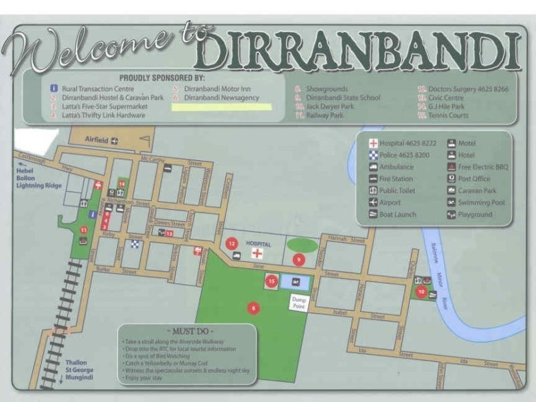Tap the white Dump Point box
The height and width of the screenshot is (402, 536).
298,303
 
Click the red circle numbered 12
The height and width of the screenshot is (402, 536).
232,244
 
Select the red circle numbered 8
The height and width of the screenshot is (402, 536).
253,308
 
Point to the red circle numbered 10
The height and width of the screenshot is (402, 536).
421,291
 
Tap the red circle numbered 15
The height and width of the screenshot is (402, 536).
271,282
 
